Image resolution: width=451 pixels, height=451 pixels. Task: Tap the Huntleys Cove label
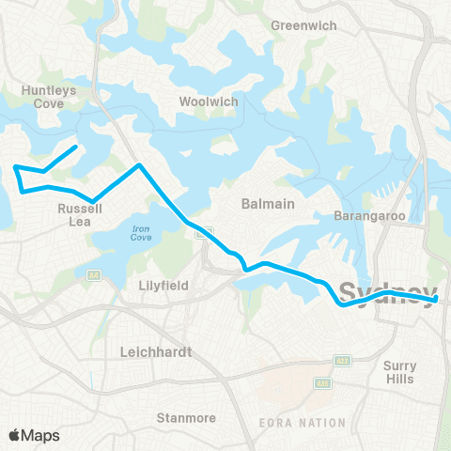(x=40, y=97)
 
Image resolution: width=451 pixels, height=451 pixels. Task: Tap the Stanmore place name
(x=186, y=417)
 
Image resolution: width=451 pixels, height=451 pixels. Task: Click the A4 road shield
(x=94, y=275)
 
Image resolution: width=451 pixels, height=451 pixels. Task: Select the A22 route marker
(x=343, y=360)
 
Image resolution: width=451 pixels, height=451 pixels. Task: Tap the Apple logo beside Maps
(x=15, y=434)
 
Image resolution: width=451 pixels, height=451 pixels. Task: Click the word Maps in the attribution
(x=41, y=434)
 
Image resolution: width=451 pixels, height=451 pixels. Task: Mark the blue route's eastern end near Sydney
(x=437, y=300)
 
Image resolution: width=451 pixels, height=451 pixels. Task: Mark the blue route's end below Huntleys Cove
(x=75, y=148)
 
